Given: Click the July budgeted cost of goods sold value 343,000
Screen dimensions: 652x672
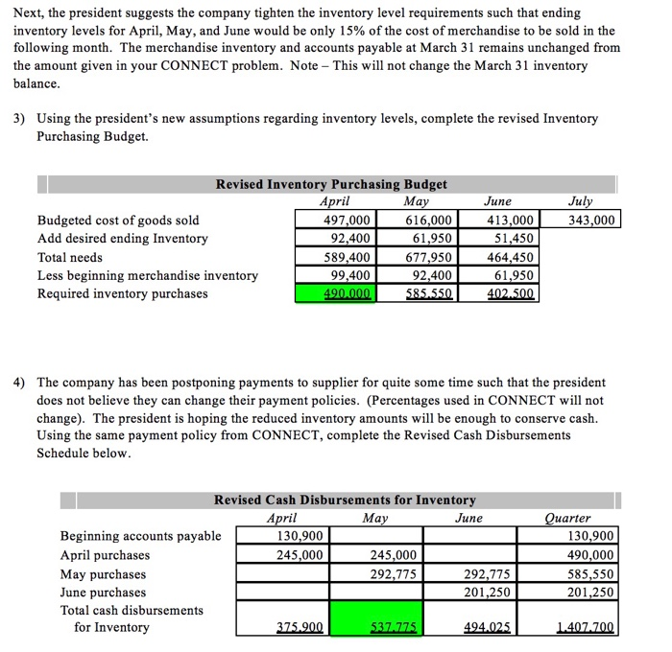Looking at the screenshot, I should pos(592,220).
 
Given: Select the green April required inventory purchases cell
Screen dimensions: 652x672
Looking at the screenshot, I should pos(335,293).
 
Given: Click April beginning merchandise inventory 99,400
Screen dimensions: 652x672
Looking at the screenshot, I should pos(335,275).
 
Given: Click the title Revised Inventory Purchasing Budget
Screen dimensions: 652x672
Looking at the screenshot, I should pos(331,184).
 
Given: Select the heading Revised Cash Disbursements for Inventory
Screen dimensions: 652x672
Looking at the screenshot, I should pos(345,500).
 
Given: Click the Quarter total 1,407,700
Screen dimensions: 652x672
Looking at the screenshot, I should pos(584,627).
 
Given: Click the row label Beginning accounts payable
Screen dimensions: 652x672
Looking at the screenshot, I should pos(140,536).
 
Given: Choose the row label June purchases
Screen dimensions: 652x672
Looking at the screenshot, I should pos(104,592).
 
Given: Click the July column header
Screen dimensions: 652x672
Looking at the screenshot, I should pos(581,201).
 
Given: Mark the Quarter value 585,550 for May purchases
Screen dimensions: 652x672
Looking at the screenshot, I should pos(588,573).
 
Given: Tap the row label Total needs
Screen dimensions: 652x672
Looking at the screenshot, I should pos(69,257).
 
